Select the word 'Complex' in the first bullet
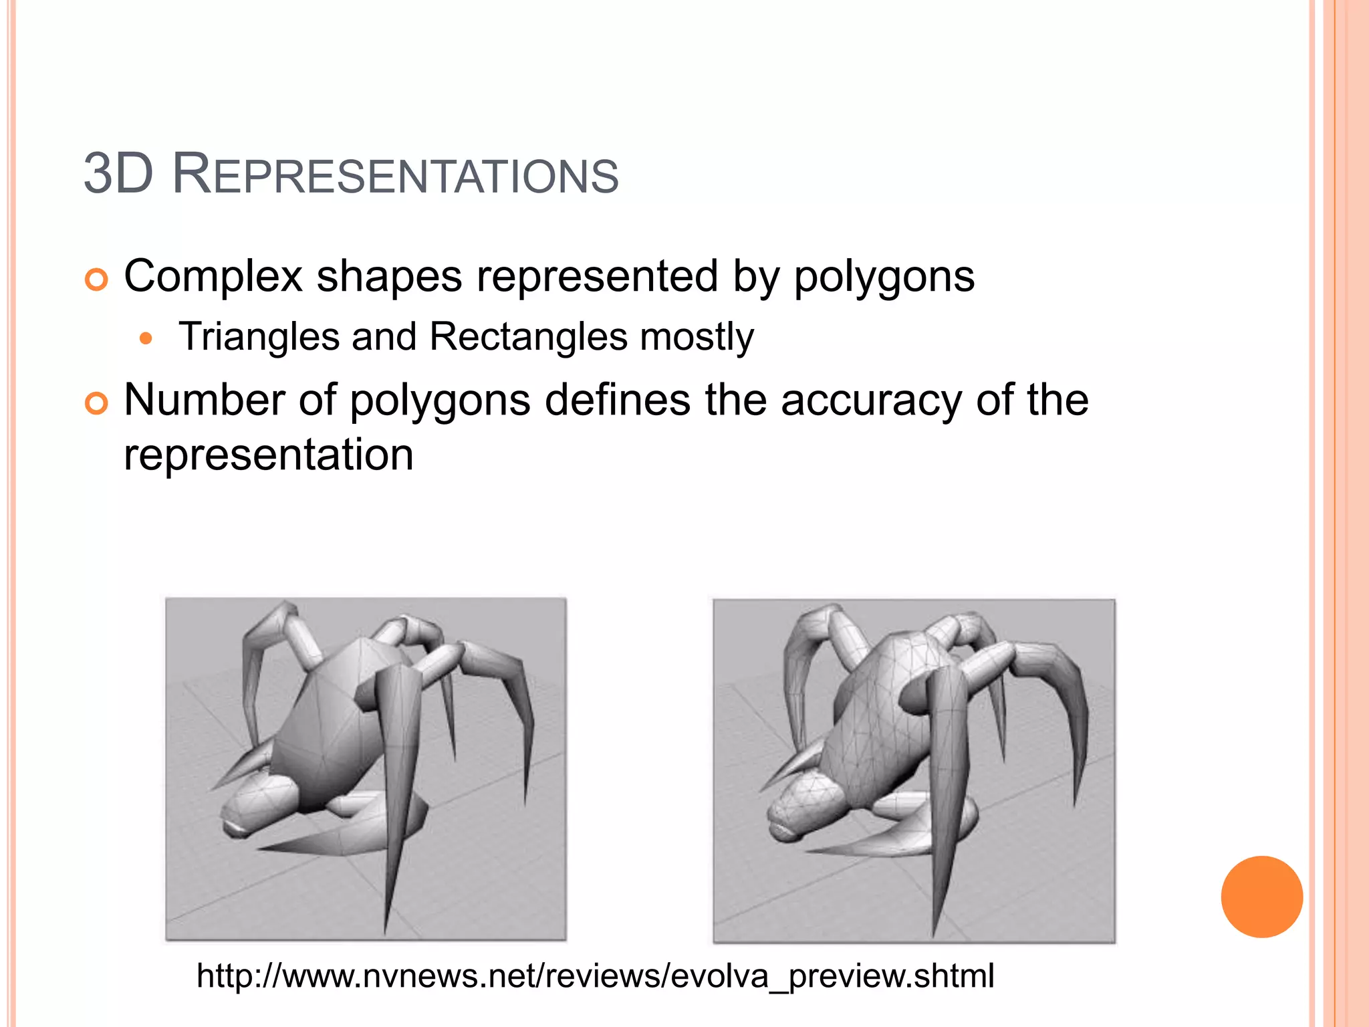click(213, 276)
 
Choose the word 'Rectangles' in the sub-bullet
click(528, 336)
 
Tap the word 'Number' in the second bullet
click(205, 400)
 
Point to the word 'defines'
click(618, 400)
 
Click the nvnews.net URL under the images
click(595, 976)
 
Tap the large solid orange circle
click(1261, 897)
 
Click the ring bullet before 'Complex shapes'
click(97, 279)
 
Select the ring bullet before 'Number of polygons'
click(97, 403)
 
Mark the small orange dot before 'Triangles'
click(146, 338)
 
